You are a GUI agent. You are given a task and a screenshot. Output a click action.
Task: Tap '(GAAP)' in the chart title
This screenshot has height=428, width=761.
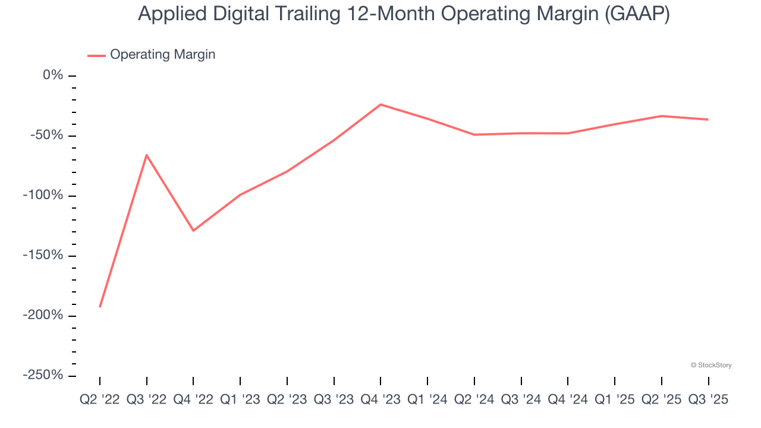pos(637,14)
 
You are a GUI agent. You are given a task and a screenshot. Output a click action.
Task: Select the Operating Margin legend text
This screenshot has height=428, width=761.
pos(162,55)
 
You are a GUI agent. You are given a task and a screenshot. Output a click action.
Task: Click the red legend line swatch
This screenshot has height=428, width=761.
pos(96,55)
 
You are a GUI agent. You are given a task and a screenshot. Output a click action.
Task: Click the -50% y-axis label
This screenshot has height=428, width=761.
pos(46,136)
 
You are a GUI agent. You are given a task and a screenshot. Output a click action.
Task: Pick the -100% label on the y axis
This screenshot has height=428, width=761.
pos(43,196)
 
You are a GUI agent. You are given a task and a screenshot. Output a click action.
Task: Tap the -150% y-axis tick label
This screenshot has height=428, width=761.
pos(43,256)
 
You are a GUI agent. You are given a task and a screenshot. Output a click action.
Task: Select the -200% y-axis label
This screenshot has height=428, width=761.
pos(43,316)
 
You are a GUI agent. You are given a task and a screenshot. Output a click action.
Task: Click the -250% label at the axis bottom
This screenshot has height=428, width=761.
pos(43,376)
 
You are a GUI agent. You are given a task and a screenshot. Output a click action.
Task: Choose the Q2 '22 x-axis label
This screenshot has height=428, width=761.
pos(100,400)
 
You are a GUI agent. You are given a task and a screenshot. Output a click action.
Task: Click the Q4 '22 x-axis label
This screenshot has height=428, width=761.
pos(193,400)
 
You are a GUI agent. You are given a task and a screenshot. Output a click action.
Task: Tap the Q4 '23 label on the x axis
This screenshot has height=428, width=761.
pos(380,400)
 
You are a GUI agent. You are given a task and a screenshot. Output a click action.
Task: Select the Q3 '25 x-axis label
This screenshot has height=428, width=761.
pos(708,400)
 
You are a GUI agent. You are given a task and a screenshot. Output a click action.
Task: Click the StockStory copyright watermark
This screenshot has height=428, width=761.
pos(711,365)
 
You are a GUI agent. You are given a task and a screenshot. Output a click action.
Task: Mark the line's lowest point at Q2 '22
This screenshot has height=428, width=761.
pos(100,307)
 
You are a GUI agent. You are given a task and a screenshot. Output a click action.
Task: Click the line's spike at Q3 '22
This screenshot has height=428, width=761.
pos(146,155)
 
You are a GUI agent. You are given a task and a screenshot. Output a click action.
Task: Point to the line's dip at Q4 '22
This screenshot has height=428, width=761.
pos(193,231)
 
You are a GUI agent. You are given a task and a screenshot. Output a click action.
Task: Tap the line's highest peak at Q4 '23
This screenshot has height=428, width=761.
pos(380,105)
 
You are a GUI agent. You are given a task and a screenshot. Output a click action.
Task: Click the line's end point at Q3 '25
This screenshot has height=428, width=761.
pos(708,119)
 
